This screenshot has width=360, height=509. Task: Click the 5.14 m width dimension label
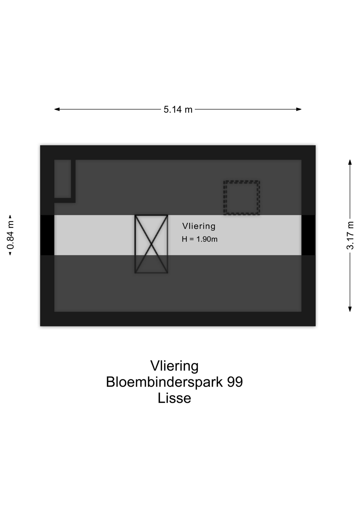178,109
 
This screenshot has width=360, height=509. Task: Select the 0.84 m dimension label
10,235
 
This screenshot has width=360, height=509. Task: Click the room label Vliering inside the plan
199,226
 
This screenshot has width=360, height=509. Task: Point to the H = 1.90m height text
200,239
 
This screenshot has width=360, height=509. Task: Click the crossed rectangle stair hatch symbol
151,244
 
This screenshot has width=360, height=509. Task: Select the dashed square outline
242,198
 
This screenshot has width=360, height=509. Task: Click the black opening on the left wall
47,235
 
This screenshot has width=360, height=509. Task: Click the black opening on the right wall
309,235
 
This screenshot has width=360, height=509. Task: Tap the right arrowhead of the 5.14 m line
299,109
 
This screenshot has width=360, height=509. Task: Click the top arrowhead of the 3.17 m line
350,162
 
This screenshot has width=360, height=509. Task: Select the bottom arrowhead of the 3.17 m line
350,309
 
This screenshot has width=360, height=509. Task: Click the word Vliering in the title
174,366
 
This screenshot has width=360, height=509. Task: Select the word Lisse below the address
174,398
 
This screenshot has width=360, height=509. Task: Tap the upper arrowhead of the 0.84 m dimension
10,217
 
